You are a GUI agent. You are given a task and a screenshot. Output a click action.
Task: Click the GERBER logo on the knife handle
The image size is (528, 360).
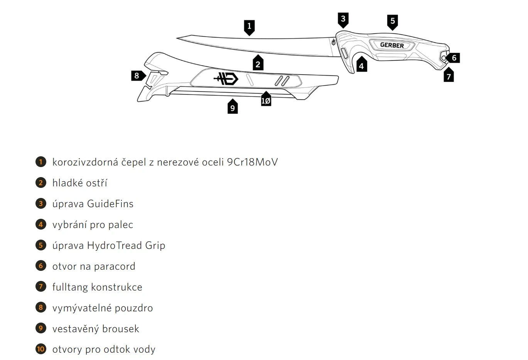pyautogui.click(x=392, y=45)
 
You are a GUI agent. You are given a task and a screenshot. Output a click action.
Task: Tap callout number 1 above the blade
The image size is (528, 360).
pyautogui.click(x=249, y=27)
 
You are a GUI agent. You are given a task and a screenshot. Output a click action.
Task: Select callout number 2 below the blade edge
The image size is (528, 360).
pyautogui.click(x=258, y=64)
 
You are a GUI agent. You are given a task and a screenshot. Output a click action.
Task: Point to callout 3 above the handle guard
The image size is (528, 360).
pyautogui.click(x=343, y=19)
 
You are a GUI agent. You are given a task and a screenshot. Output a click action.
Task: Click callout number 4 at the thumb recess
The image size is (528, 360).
pyautogui.click(x=361, y=66)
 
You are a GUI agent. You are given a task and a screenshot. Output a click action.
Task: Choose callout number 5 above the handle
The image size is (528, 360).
pyautogui.click(x=393, y=21)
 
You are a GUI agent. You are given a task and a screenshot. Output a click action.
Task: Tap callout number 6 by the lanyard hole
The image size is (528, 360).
pyautogui.click(x=454, y=58)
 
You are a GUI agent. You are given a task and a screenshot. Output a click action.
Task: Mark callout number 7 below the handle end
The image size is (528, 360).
pyautogui.click(x=449, y=76)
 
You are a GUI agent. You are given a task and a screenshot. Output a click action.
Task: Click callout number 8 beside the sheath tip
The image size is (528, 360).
pyautogui.click(x=137, y=76)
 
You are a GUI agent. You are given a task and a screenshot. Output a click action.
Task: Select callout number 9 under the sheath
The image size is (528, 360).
pyautogui.click(x=232, y=108)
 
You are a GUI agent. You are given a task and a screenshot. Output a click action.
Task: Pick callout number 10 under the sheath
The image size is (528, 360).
pyautogui.click(x=266, y=101)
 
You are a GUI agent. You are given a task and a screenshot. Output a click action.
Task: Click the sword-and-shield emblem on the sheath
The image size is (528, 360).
pyautogui.click(x=226, y=79)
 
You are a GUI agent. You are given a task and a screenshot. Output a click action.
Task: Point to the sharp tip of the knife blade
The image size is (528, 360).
pyautogui.click(x=178, y=38)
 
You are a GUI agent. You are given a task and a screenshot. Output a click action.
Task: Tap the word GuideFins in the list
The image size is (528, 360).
pyautogui.click(x=110, y=204)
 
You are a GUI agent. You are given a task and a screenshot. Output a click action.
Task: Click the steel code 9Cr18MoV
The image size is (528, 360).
pyautogui.click(x=252, y=162)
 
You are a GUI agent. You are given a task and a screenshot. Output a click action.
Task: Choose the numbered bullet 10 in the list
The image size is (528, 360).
pyautogui.click(x=40, y=349)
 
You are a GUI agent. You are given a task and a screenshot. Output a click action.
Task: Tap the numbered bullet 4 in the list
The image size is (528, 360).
pyautogui.click(x=40, y=225)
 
